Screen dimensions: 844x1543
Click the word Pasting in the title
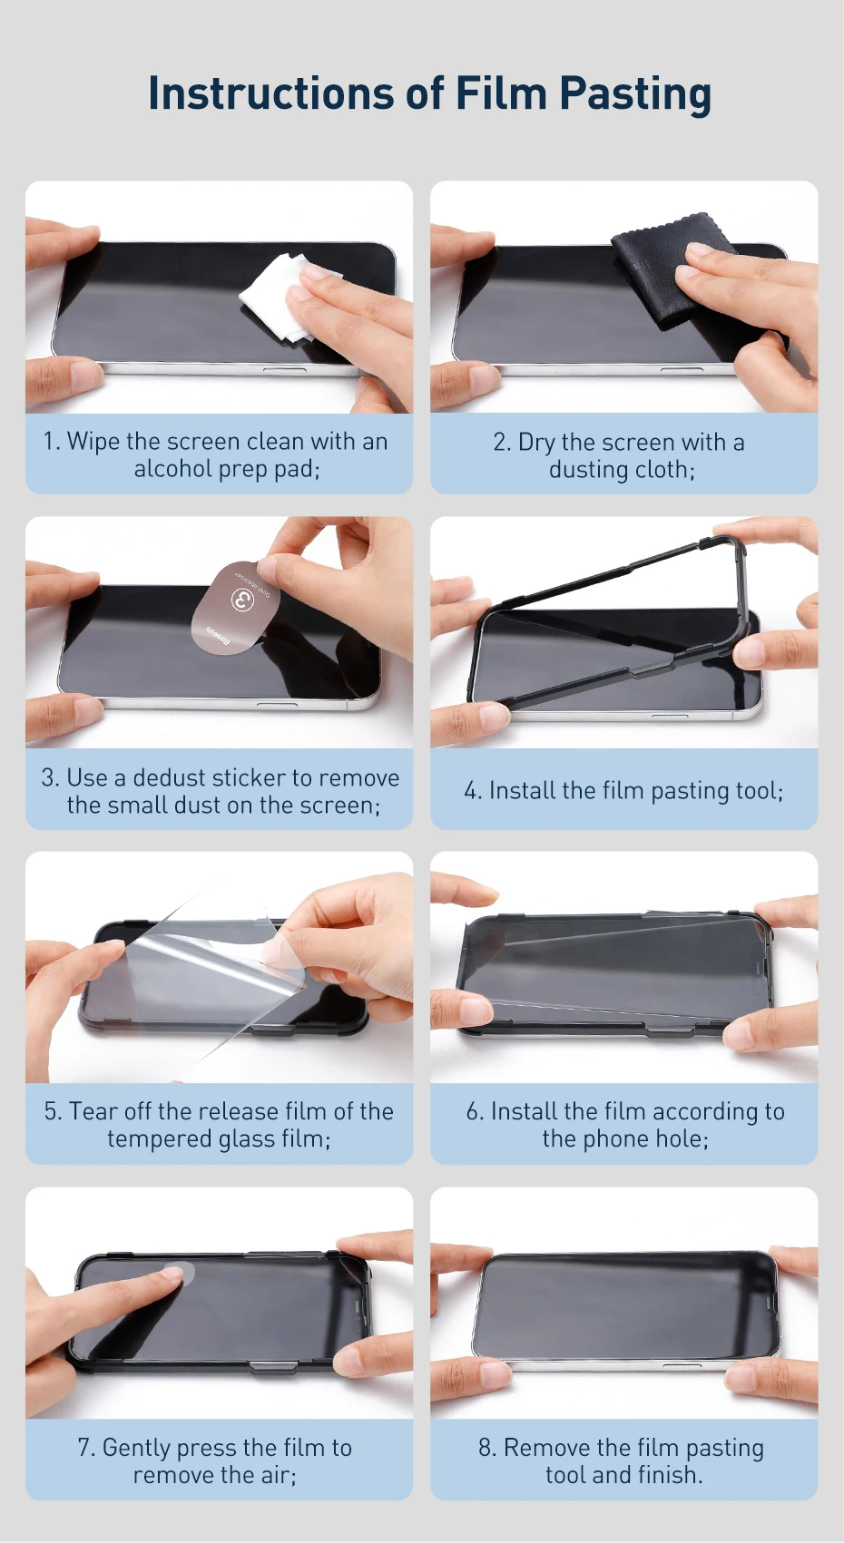(633, 94)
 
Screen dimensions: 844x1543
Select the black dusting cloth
(682, 272)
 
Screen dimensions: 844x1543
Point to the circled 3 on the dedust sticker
(242, 598)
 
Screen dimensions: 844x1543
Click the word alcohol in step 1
(173, 469)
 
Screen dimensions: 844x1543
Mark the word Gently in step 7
(136, 1447)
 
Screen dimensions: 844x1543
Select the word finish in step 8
(667, 1475)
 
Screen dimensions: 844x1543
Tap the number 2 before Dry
(500, 443)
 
